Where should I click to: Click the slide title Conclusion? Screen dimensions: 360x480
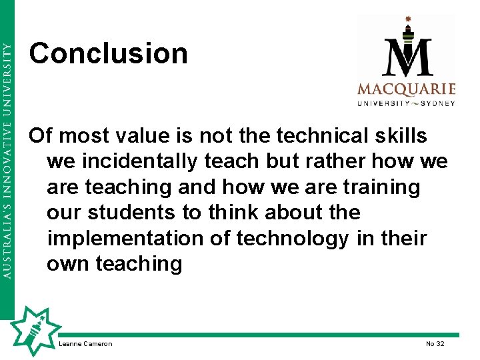click(108, 53)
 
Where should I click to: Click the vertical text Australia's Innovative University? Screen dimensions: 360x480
click(7, 161)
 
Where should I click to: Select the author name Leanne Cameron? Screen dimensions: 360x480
click(85, 344)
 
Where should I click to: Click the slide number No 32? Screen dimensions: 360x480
click(435, 344)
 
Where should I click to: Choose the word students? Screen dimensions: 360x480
click(137, 213)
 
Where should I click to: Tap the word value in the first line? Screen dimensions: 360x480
click(133, 136)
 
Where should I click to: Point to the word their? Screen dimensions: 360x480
click(401, 238)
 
